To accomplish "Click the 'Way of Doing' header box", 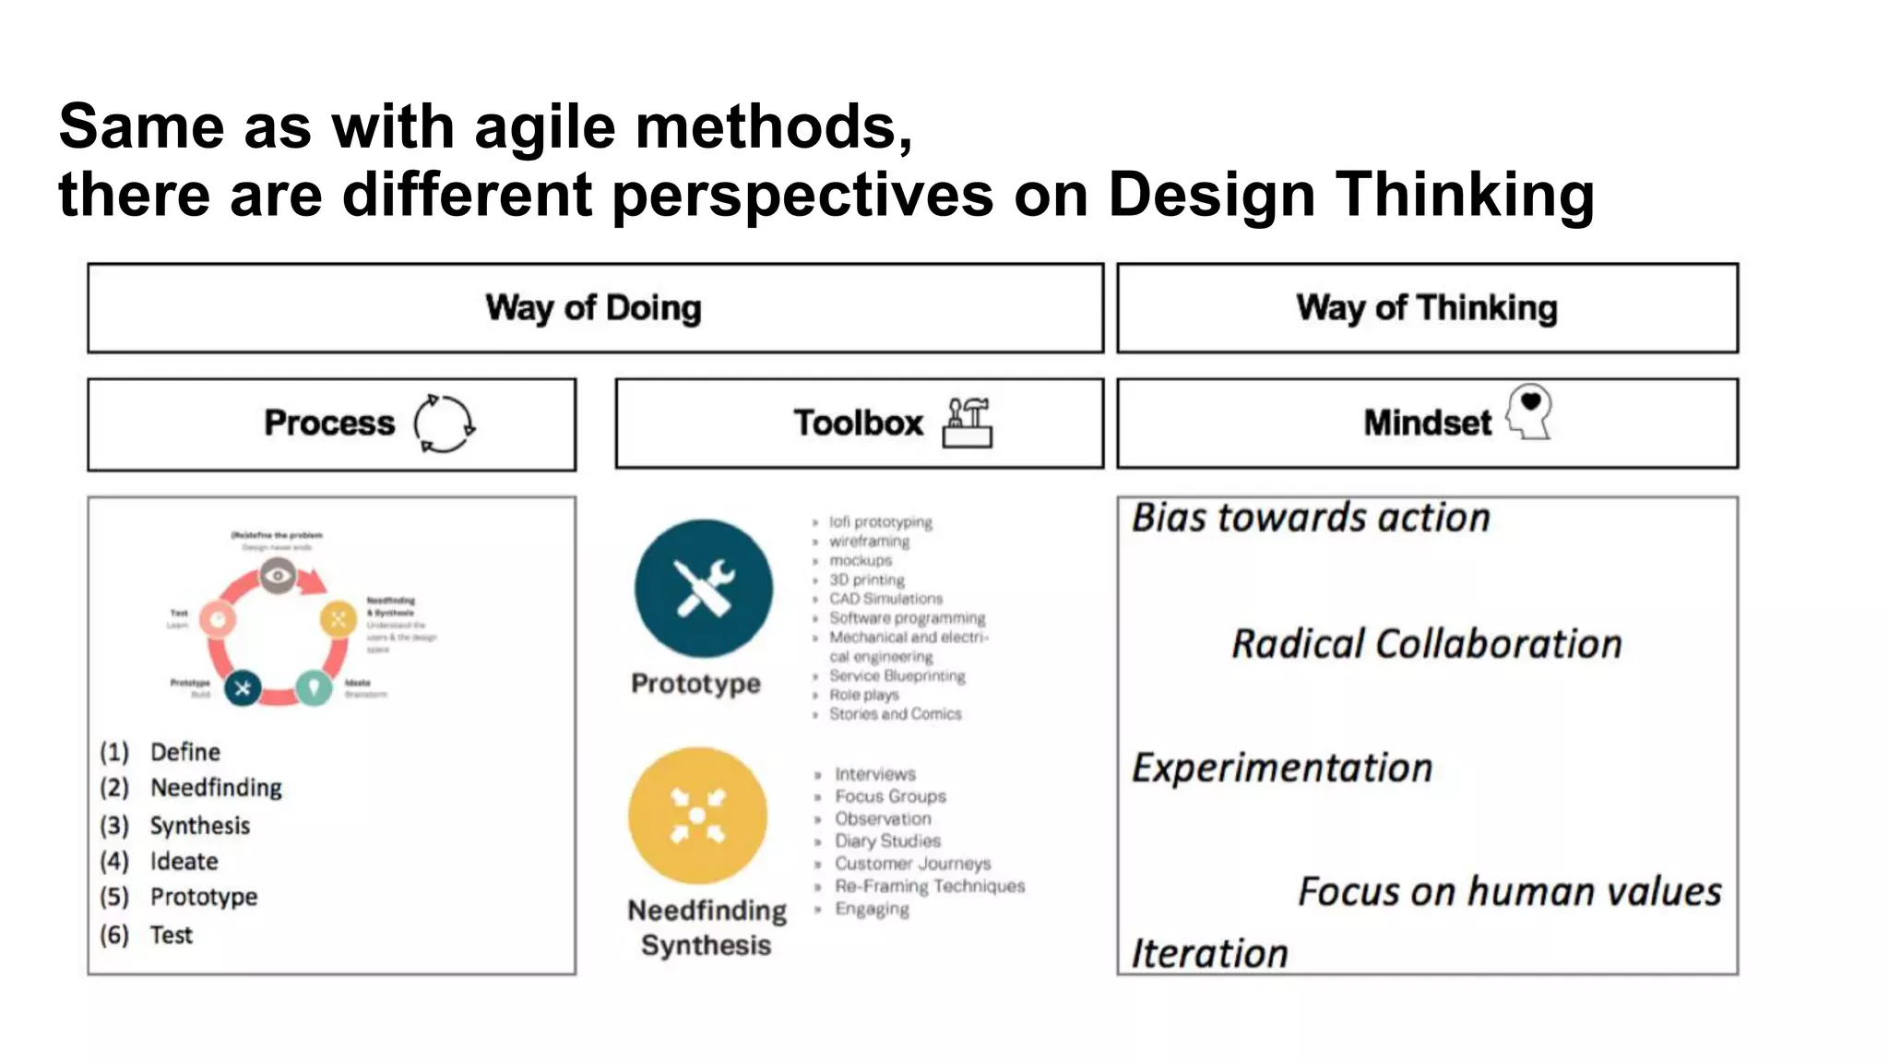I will (595, 308).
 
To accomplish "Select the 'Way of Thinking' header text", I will (1426, 308).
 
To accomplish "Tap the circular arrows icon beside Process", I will (444, 424).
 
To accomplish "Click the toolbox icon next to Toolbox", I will (968, 423).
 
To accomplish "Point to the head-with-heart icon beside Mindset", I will (1529, 412).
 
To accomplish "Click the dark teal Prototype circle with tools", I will (704, 589).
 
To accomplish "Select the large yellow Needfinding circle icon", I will (698, 816).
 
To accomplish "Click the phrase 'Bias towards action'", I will (1311, 518).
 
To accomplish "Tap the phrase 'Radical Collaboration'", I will (1426, 644).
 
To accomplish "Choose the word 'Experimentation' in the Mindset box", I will (1282, 768).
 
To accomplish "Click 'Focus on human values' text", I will (1509, 891).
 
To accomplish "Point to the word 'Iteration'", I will (1209, 953).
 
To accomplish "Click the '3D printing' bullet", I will (866, 579).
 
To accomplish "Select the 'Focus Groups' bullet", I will (890, 796).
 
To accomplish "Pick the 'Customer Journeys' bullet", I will (912, 864).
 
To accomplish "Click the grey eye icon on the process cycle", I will (278, 577).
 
